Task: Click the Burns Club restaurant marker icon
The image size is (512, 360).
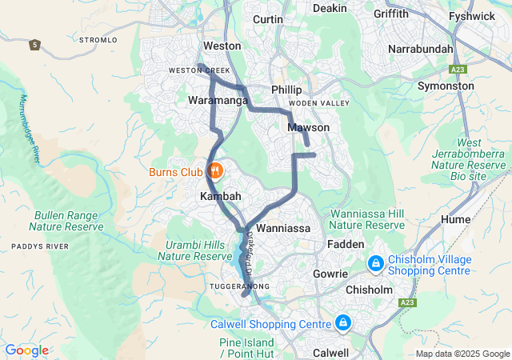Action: (214, 171)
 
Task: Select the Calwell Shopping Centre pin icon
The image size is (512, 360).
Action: (342, 323)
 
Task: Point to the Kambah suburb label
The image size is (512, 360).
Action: (220, 196)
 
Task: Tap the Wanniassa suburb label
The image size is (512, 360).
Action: (283, 228)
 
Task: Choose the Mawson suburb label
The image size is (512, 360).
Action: (308, 127)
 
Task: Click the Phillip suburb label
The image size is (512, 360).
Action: (286, 90)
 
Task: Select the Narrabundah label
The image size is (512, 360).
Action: (420, 49)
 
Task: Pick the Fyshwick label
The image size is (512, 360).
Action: (472, 15)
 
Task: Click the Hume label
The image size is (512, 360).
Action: (455, 218)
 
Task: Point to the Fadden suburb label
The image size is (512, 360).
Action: (346, 244)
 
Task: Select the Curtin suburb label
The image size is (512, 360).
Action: (267, 19)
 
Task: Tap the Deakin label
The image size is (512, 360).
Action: (330, 8)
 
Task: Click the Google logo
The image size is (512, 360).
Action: (26, 350)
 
